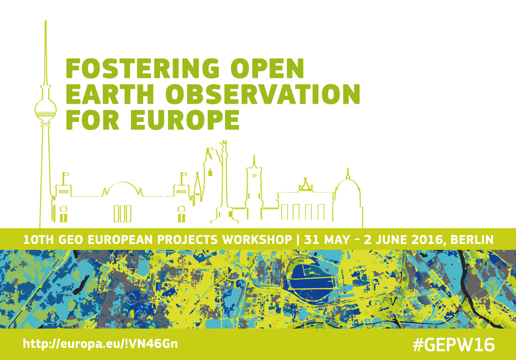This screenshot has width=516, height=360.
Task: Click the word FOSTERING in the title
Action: (x=142, y=68)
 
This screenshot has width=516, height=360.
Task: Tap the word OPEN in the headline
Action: (x=267, y=68)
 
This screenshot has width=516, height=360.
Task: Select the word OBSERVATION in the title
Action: (x=262, y=94)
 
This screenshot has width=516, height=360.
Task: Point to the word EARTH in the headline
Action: (x=110, y=94)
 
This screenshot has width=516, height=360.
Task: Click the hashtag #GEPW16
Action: (x=454, y=345)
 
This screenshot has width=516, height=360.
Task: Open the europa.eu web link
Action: (x=100, y=344)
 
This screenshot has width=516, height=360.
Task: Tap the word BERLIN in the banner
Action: (x=472, y=240)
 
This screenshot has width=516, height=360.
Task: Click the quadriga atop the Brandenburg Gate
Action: (x=306, y=186)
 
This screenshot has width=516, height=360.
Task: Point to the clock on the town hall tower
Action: (x=254, y=176)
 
